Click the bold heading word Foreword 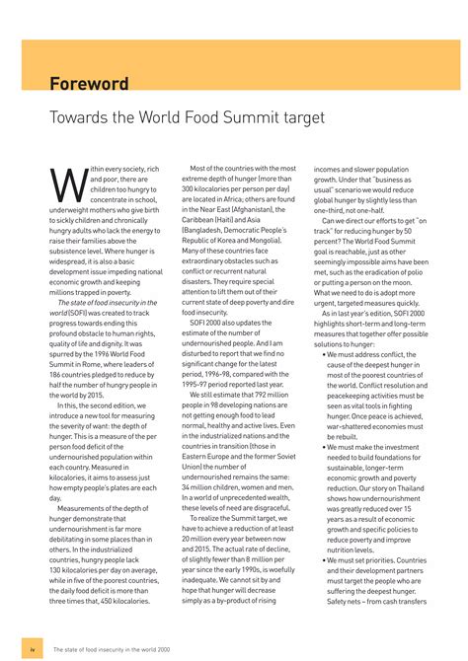(89, 83)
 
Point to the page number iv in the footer (33, 649)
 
